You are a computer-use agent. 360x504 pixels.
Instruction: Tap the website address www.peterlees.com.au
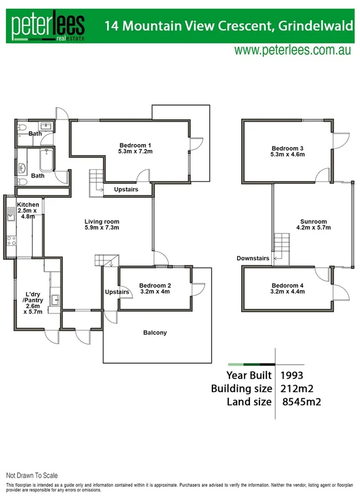pyautogui.click(x=293, y=51)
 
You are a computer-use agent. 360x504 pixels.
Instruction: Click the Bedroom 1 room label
pyautogui.click(x=136, y=149)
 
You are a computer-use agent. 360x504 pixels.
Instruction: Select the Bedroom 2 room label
pyautogui.click(x=155, y=289)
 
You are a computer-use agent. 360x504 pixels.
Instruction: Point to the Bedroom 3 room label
pyautogui.click(x=288, y=152)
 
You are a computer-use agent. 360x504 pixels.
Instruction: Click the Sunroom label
pyautogui.click(x=313, y=224)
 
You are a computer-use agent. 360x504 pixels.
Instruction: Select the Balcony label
pyautogui.click(x=155, y=333)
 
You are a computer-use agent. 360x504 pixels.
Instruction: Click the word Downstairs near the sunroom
pyautogui.click(x=253, y=258)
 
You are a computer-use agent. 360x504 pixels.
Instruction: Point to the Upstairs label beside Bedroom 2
pyautogui.click(x=117, y=292)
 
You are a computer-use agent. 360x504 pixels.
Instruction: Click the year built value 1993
pyautogui.click(x=292, y=375)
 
